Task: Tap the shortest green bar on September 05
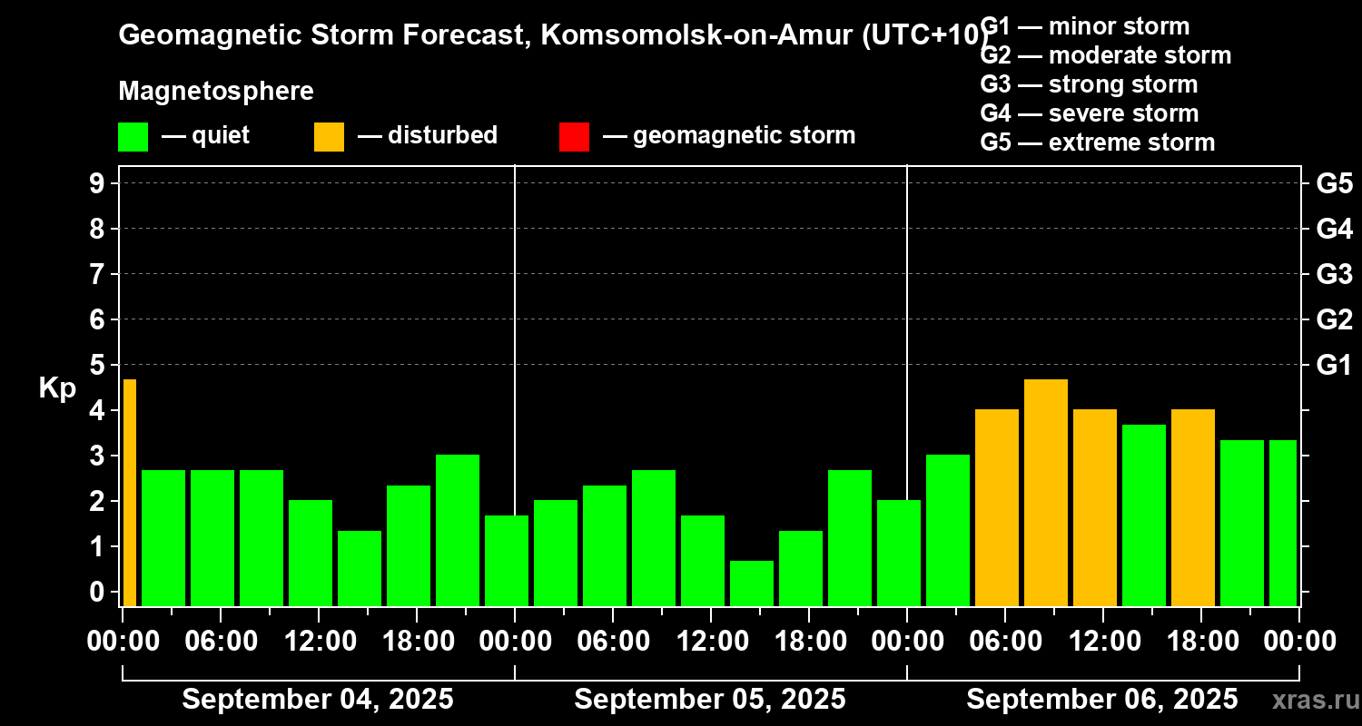point(751,584)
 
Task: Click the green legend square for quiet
point(133,136)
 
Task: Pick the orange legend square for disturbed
point(329,136)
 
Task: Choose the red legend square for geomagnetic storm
point(574,136)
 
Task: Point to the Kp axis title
point(57,388)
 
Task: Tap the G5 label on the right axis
point(1334,183)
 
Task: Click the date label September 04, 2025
point(318,700)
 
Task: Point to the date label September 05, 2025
point(710,700)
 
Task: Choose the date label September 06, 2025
point(1101,700)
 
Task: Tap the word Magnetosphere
point(216,92)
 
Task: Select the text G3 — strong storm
point(1089,84)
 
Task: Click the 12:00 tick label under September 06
point(1101,642)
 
